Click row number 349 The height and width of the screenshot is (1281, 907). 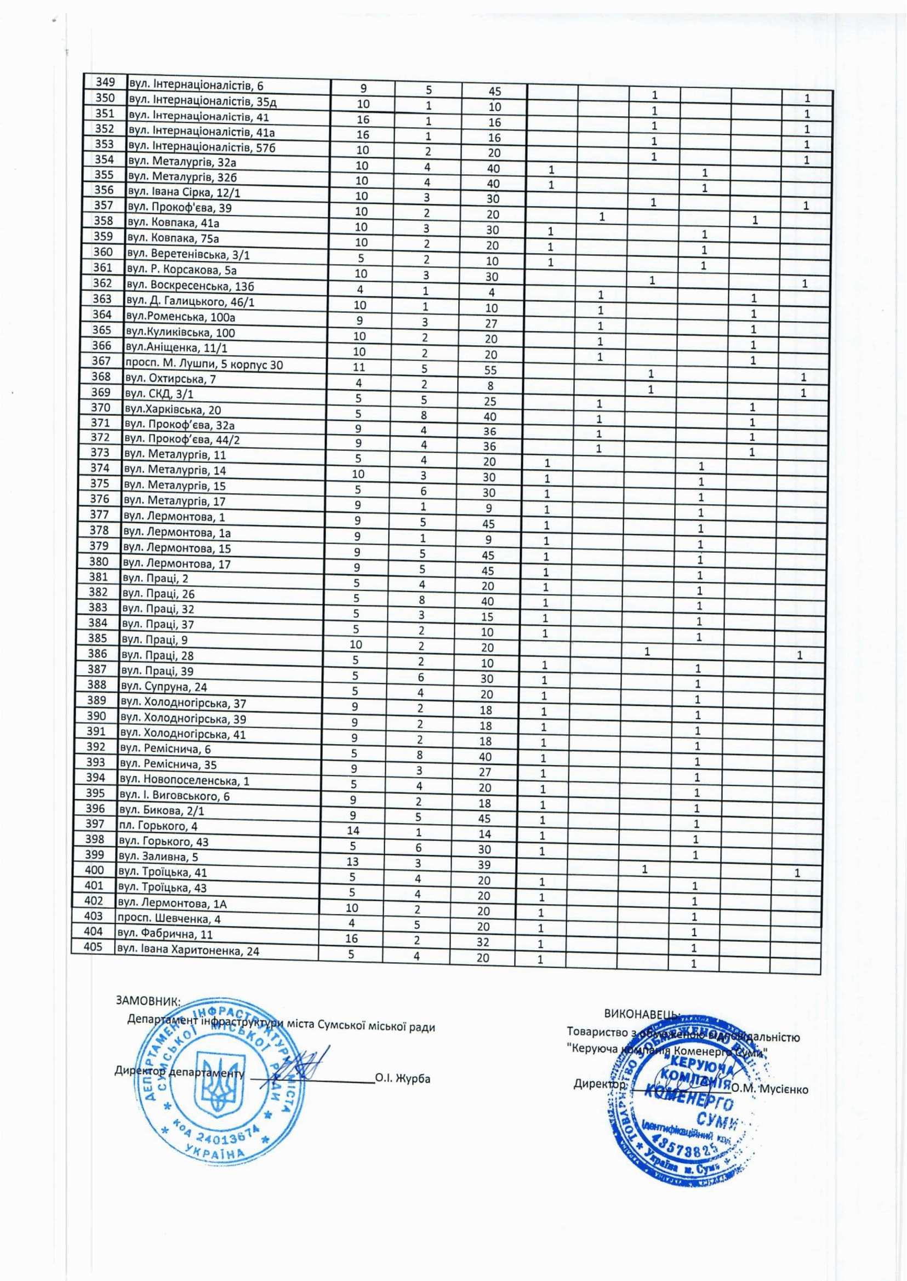(105, 83)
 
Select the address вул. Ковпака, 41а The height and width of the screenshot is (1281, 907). (174, 224)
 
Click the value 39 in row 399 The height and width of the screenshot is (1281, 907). (484, 865)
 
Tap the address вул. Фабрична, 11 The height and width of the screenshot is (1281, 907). (165, 934)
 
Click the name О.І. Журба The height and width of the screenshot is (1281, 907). (403, 1078)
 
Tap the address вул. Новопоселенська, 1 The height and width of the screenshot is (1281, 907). (184, 781)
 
